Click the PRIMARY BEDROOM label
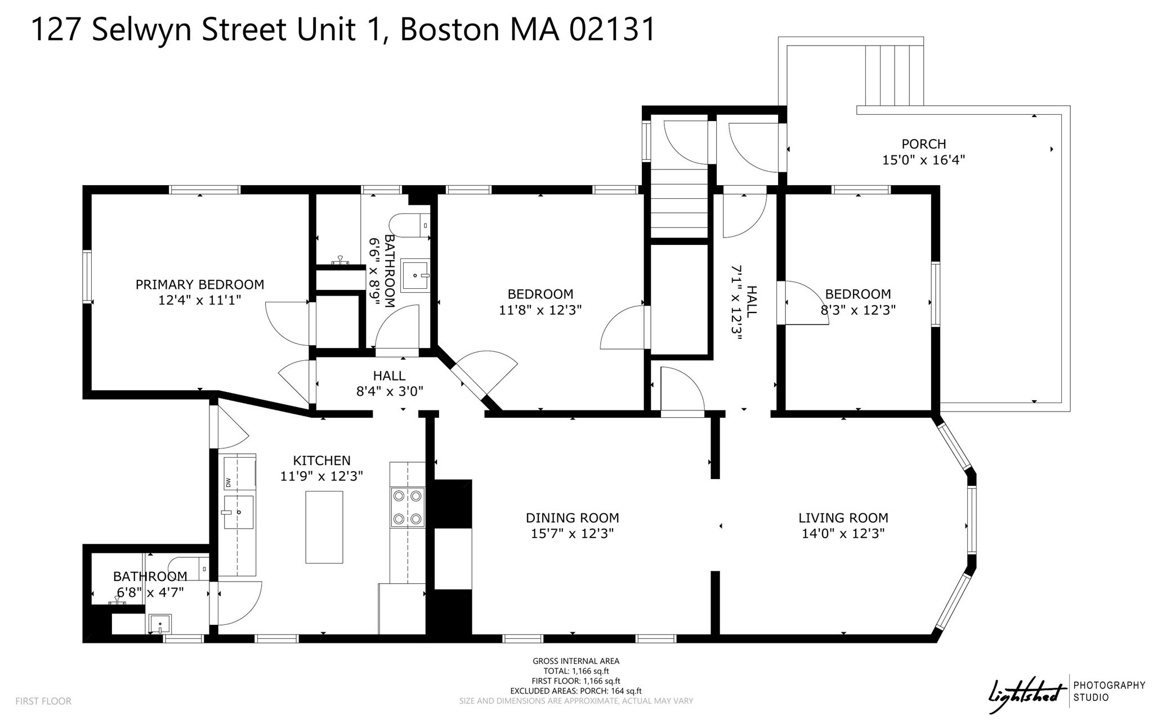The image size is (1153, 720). (199, 285)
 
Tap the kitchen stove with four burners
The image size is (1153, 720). (408, 507)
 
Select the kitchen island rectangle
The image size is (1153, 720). (324, 527)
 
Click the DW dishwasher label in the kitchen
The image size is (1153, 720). (229, 482)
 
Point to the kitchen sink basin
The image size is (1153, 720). (238, 512)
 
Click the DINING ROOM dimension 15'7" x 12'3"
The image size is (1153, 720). (572, 534)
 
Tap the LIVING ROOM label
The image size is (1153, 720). (843, 518)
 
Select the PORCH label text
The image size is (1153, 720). (923, 144)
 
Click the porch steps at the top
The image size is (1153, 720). (894, 75)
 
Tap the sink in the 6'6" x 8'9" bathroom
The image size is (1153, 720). (414, 275)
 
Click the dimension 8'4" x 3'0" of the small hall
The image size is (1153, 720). (389, 391)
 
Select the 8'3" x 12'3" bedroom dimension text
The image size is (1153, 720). (857, 310)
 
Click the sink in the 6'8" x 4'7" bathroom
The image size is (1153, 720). (159, 624)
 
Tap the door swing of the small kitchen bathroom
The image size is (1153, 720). (239, 603)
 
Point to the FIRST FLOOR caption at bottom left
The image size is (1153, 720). (43, 701)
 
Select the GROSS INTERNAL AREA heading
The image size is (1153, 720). (576, 661)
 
